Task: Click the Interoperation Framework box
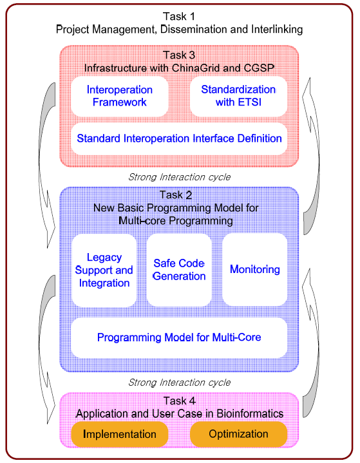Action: (120, 96)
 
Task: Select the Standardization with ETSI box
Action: (239, 96)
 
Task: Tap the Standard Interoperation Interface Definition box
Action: (179, 139)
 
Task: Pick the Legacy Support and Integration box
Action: (104, 270)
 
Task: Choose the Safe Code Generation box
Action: (179, 270)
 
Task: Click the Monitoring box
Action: (255, 270)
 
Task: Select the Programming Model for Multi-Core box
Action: (179, 337)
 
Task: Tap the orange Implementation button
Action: (120, 434)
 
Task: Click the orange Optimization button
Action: (239, 434)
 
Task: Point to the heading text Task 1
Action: (179, 17)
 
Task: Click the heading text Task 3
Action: (179, 55)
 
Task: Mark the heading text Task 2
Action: (176, 195)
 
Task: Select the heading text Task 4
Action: (180, 401)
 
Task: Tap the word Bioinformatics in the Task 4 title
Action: (250, 413)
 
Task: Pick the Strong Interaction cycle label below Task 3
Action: (179, 177)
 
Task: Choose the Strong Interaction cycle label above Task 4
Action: (179, 383)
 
